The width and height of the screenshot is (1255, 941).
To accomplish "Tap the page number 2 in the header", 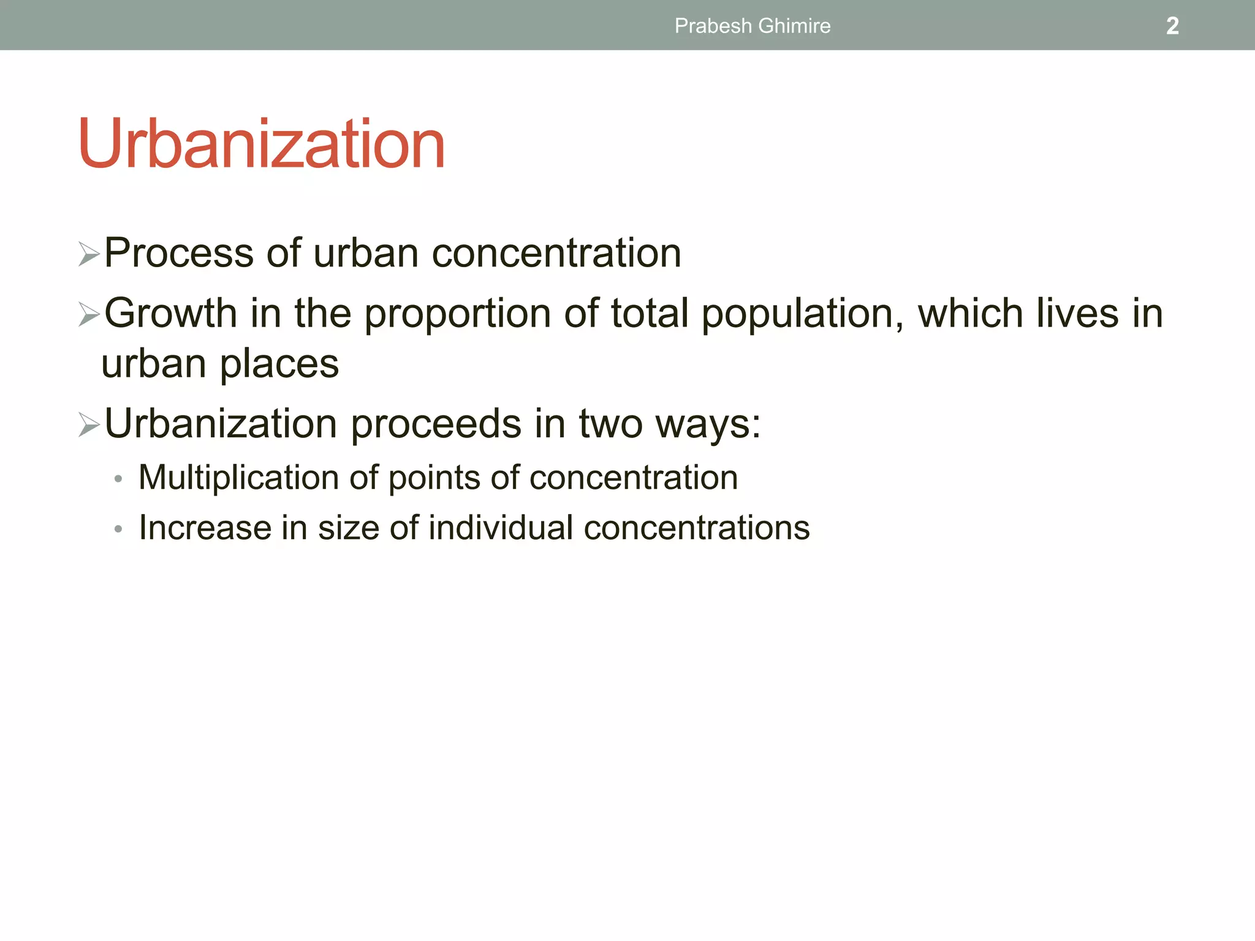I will click(x=1172, y=26).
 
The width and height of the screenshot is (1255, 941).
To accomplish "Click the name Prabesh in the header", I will click(x=713, y=26).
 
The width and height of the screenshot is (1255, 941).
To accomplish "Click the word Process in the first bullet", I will click(x=178, y=252).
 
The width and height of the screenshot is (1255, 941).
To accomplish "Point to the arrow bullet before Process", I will click(x=89, y=254).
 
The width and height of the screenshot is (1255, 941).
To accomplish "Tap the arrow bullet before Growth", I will click(x=89, y=315).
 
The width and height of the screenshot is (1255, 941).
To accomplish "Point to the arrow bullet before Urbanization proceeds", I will click(x=89, y=425).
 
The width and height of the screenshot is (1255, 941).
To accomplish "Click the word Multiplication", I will click(x=238, y=477).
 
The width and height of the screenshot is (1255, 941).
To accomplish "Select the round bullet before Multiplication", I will click(x=118, y=479).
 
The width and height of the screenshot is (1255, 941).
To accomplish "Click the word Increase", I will click(x=205, y=527).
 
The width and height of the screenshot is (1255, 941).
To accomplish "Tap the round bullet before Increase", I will click(x=118, y=529).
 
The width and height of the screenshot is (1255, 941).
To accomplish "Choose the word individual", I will click(x=500, y=527).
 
